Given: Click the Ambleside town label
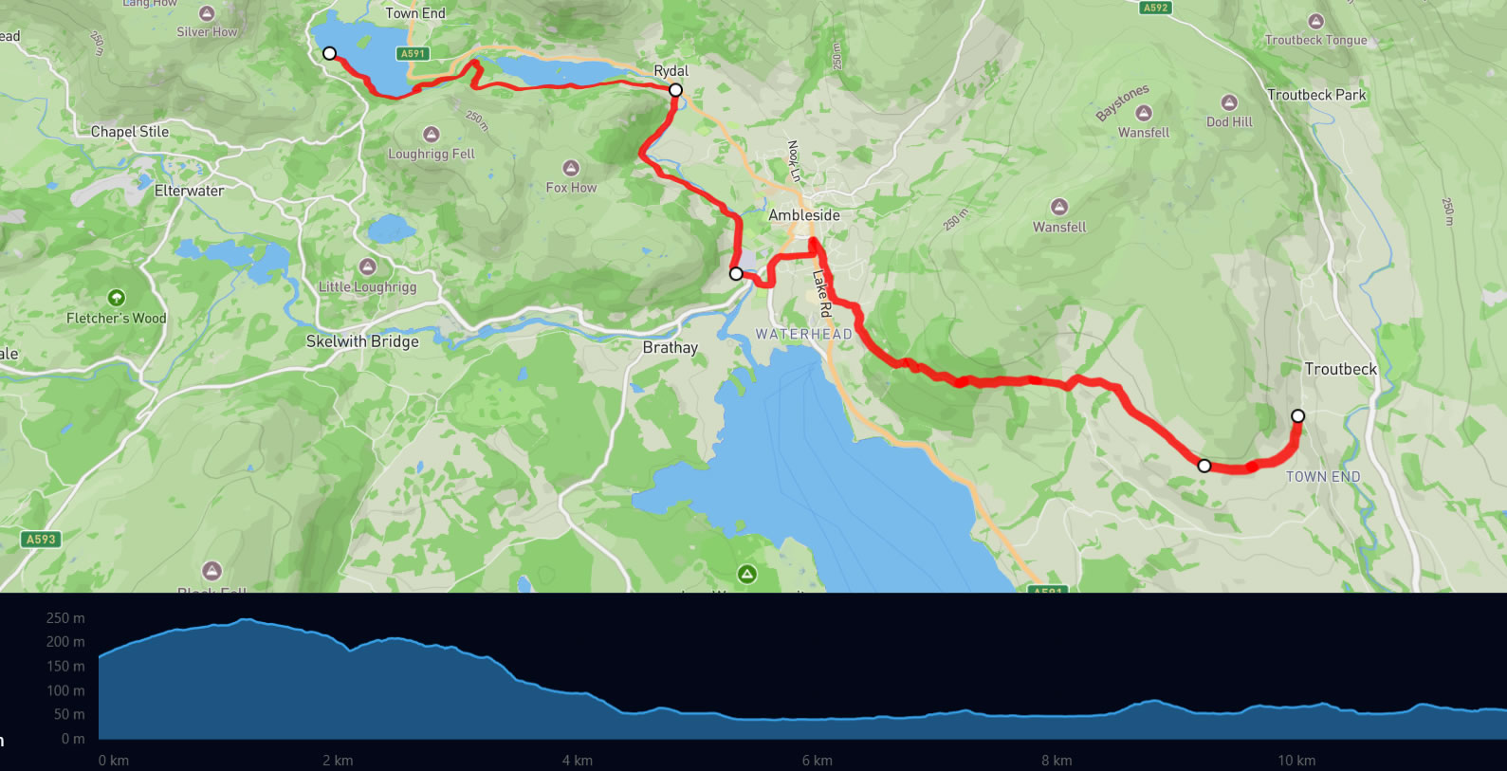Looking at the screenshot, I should (x=804, y=215).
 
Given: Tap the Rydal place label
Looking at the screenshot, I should (x=671, y=71).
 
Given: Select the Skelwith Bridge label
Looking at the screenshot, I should (x=362, y=341).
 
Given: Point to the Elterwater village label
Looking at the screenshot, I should (x=190, y=191).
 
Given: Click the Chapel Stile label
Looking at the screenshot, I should (x=130, y=132).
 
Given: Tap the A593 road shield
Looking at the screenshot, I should (x=41, y=540).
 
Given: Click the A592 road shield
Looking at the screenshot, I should (x=1155, y=8).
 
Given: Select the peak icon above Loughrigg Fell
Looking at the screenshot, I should (x=432, y=135).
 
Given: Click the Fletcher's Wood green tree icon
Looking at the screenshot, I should (x=117, y=298).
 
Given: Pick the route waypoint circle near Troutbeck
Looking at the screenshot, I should (x=1298, y=415).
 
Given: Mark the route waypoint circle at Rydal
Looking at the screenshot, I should (x=675, y=90).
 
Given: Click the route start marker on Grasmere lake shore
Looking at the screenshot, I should (x=329, y=53).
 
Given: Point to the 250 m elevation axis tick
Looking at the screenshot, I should (x=65, y=618).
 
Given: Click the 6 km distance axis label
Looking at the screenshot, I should (x=817, y=761).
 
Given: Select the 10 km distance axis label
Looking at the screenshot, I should (x=1296, y=761).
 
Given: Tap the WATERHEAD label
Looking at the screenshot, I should (x=803, y=334).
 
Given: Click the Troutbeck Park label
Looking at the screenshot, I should (x=1316, y=95).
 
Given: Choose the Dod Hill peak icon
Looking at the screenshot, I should (x=1229, y=102).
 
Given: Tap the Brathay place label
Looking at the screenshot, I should (x=670, y=347).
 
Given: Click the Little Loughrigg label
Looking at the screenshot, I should (x=367, y=286).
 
